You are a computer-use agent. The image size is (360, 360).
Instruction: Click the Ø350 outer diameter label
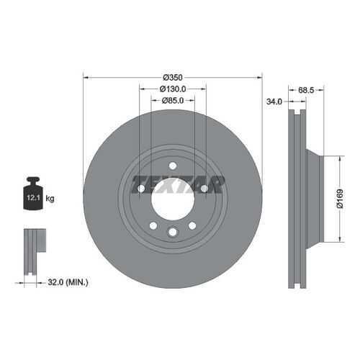click(x=173, y=78)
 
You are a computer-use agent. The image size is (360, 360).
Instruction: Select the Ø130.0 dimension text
click(x=173, y=89)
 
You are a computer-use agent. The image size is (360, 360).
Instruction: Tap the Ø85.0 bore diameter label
click(x=173, y=100)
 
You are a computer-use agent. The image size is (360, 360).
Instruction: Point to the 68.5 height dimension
click(x=306, y=90)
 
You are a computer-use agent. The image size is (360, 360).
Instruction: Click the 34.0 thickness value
click(x=274, y=102)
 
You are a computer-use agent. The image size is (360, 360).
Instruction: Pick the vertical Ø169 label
click(x=340, y=199)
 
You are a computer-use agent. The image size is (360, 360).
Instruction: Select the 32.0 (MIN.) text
click(x=68, y=282)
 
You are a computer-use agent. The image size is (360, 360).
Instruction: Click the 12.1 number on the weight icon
click(x=33, y=198)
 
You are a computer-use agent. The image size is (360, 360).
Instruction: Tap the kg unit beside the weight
click(x=50, y=199)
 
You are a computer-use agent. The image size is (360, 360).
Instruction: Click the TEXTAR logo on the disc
click(x=178, y=184)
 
